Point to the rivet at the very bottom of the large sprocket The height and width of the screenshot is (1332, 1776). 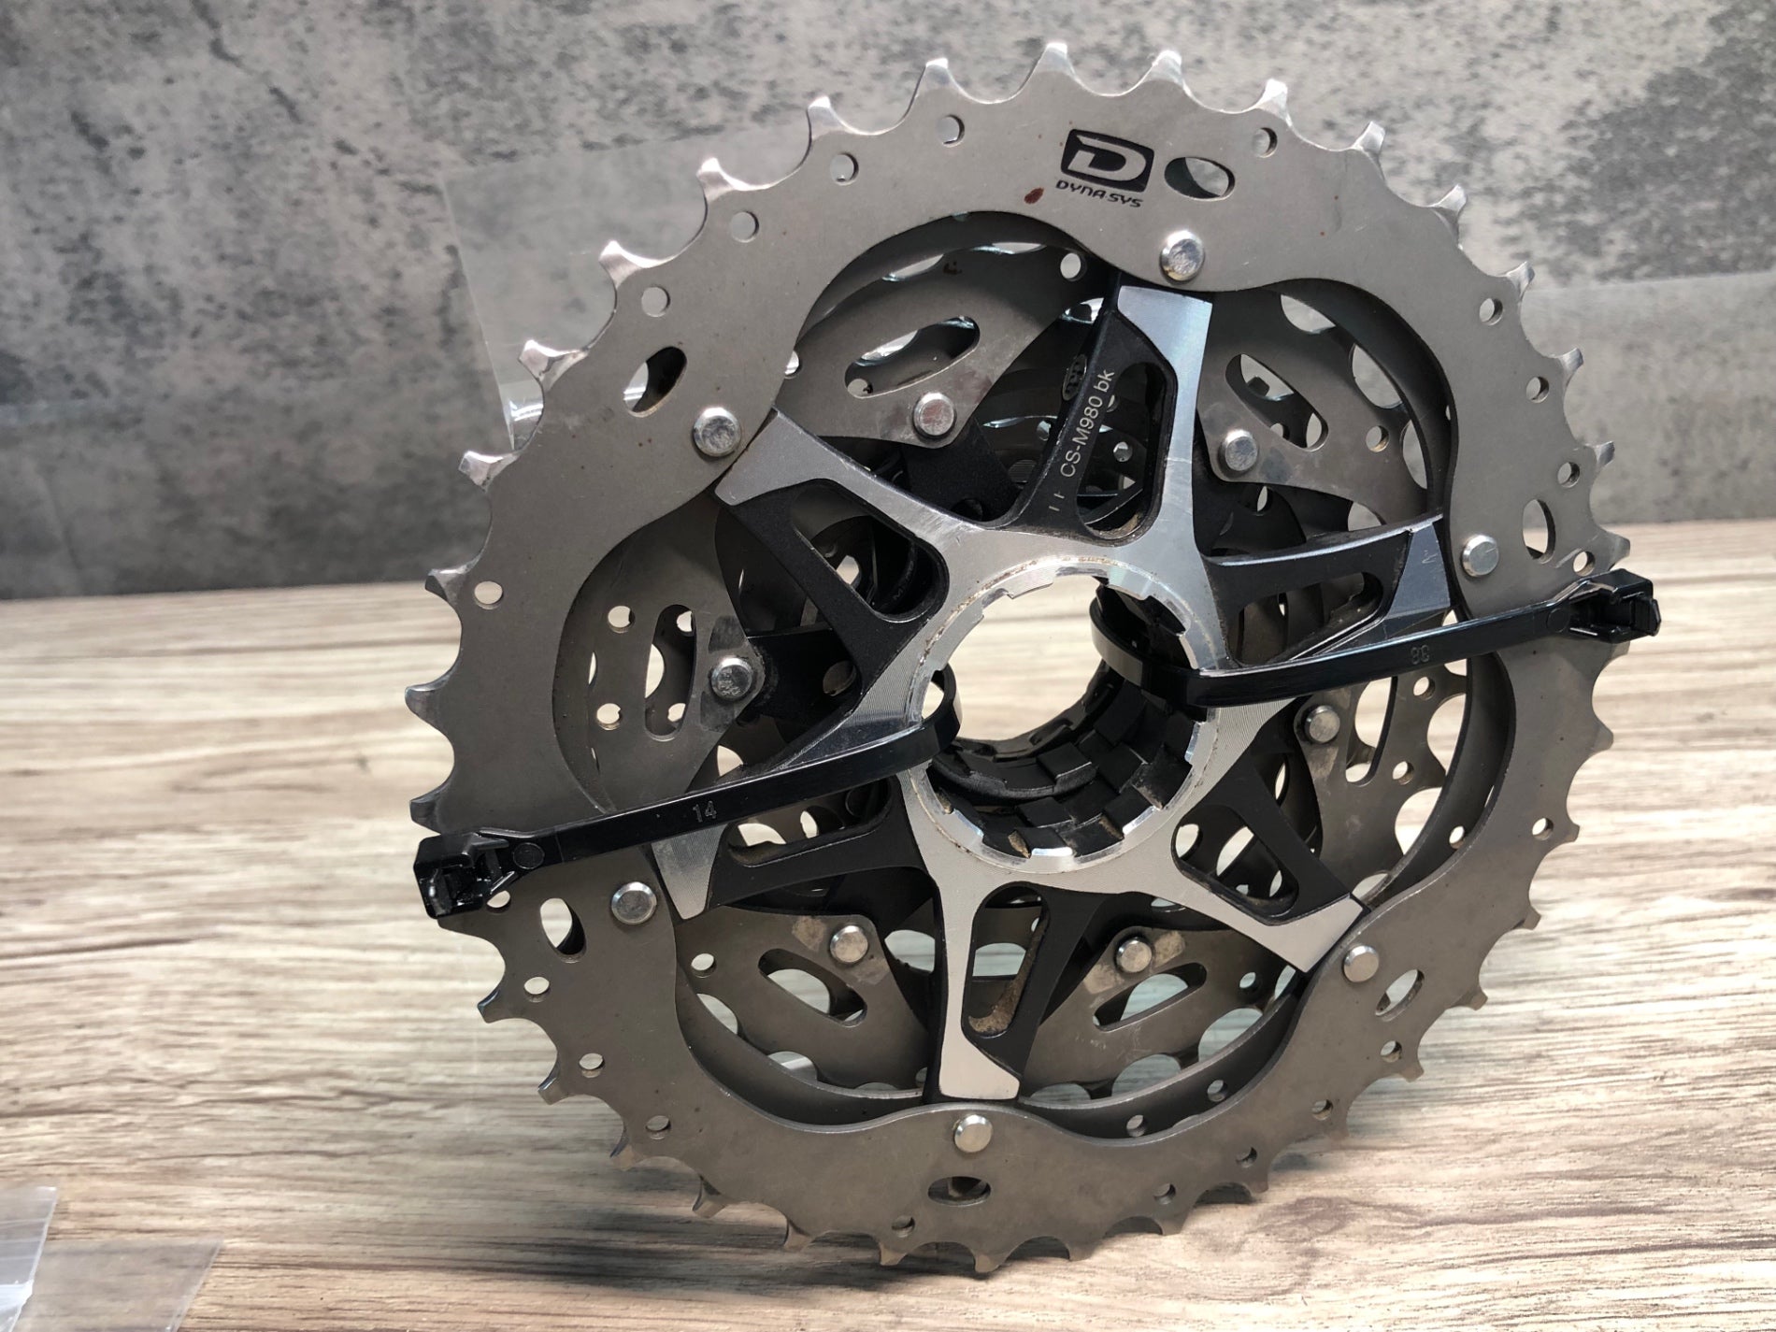tap(961, 1135)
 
